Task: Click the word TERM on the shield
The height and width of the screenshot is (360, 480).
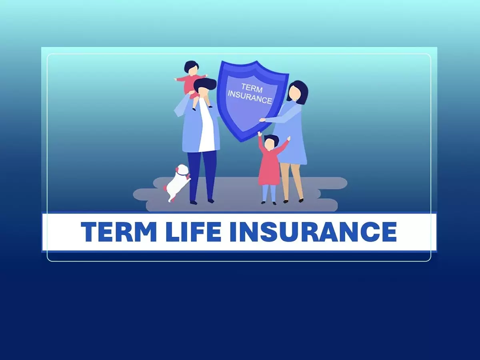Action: click(252, 88)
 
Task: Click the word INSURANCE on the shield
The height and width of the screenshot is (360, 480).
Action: click(250, 97)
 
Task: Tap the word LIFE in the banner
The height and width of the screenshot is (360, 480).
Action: click(193, 232)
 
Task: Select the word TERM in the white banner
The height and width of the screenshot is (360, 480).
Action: click(119, 232)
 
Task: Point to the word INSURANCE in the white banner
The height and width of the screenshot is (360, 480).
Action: click(313, 232)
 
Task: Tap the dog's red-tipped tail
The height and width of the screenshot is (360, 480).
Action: click(165, 188)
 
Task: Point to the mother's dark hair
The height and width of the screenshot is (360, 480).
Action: click(300, 91)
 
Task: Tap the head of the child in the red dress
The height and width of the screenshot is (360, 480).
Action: click(270, 143)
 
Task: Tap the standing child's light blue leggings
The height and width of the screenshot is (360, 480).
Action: click(269, 193)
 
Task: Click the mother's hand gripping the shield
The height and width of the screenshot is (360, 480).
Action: click(262, 120)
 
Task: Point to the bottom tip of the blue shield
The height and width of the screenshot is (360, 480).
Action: click(242, 142)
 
